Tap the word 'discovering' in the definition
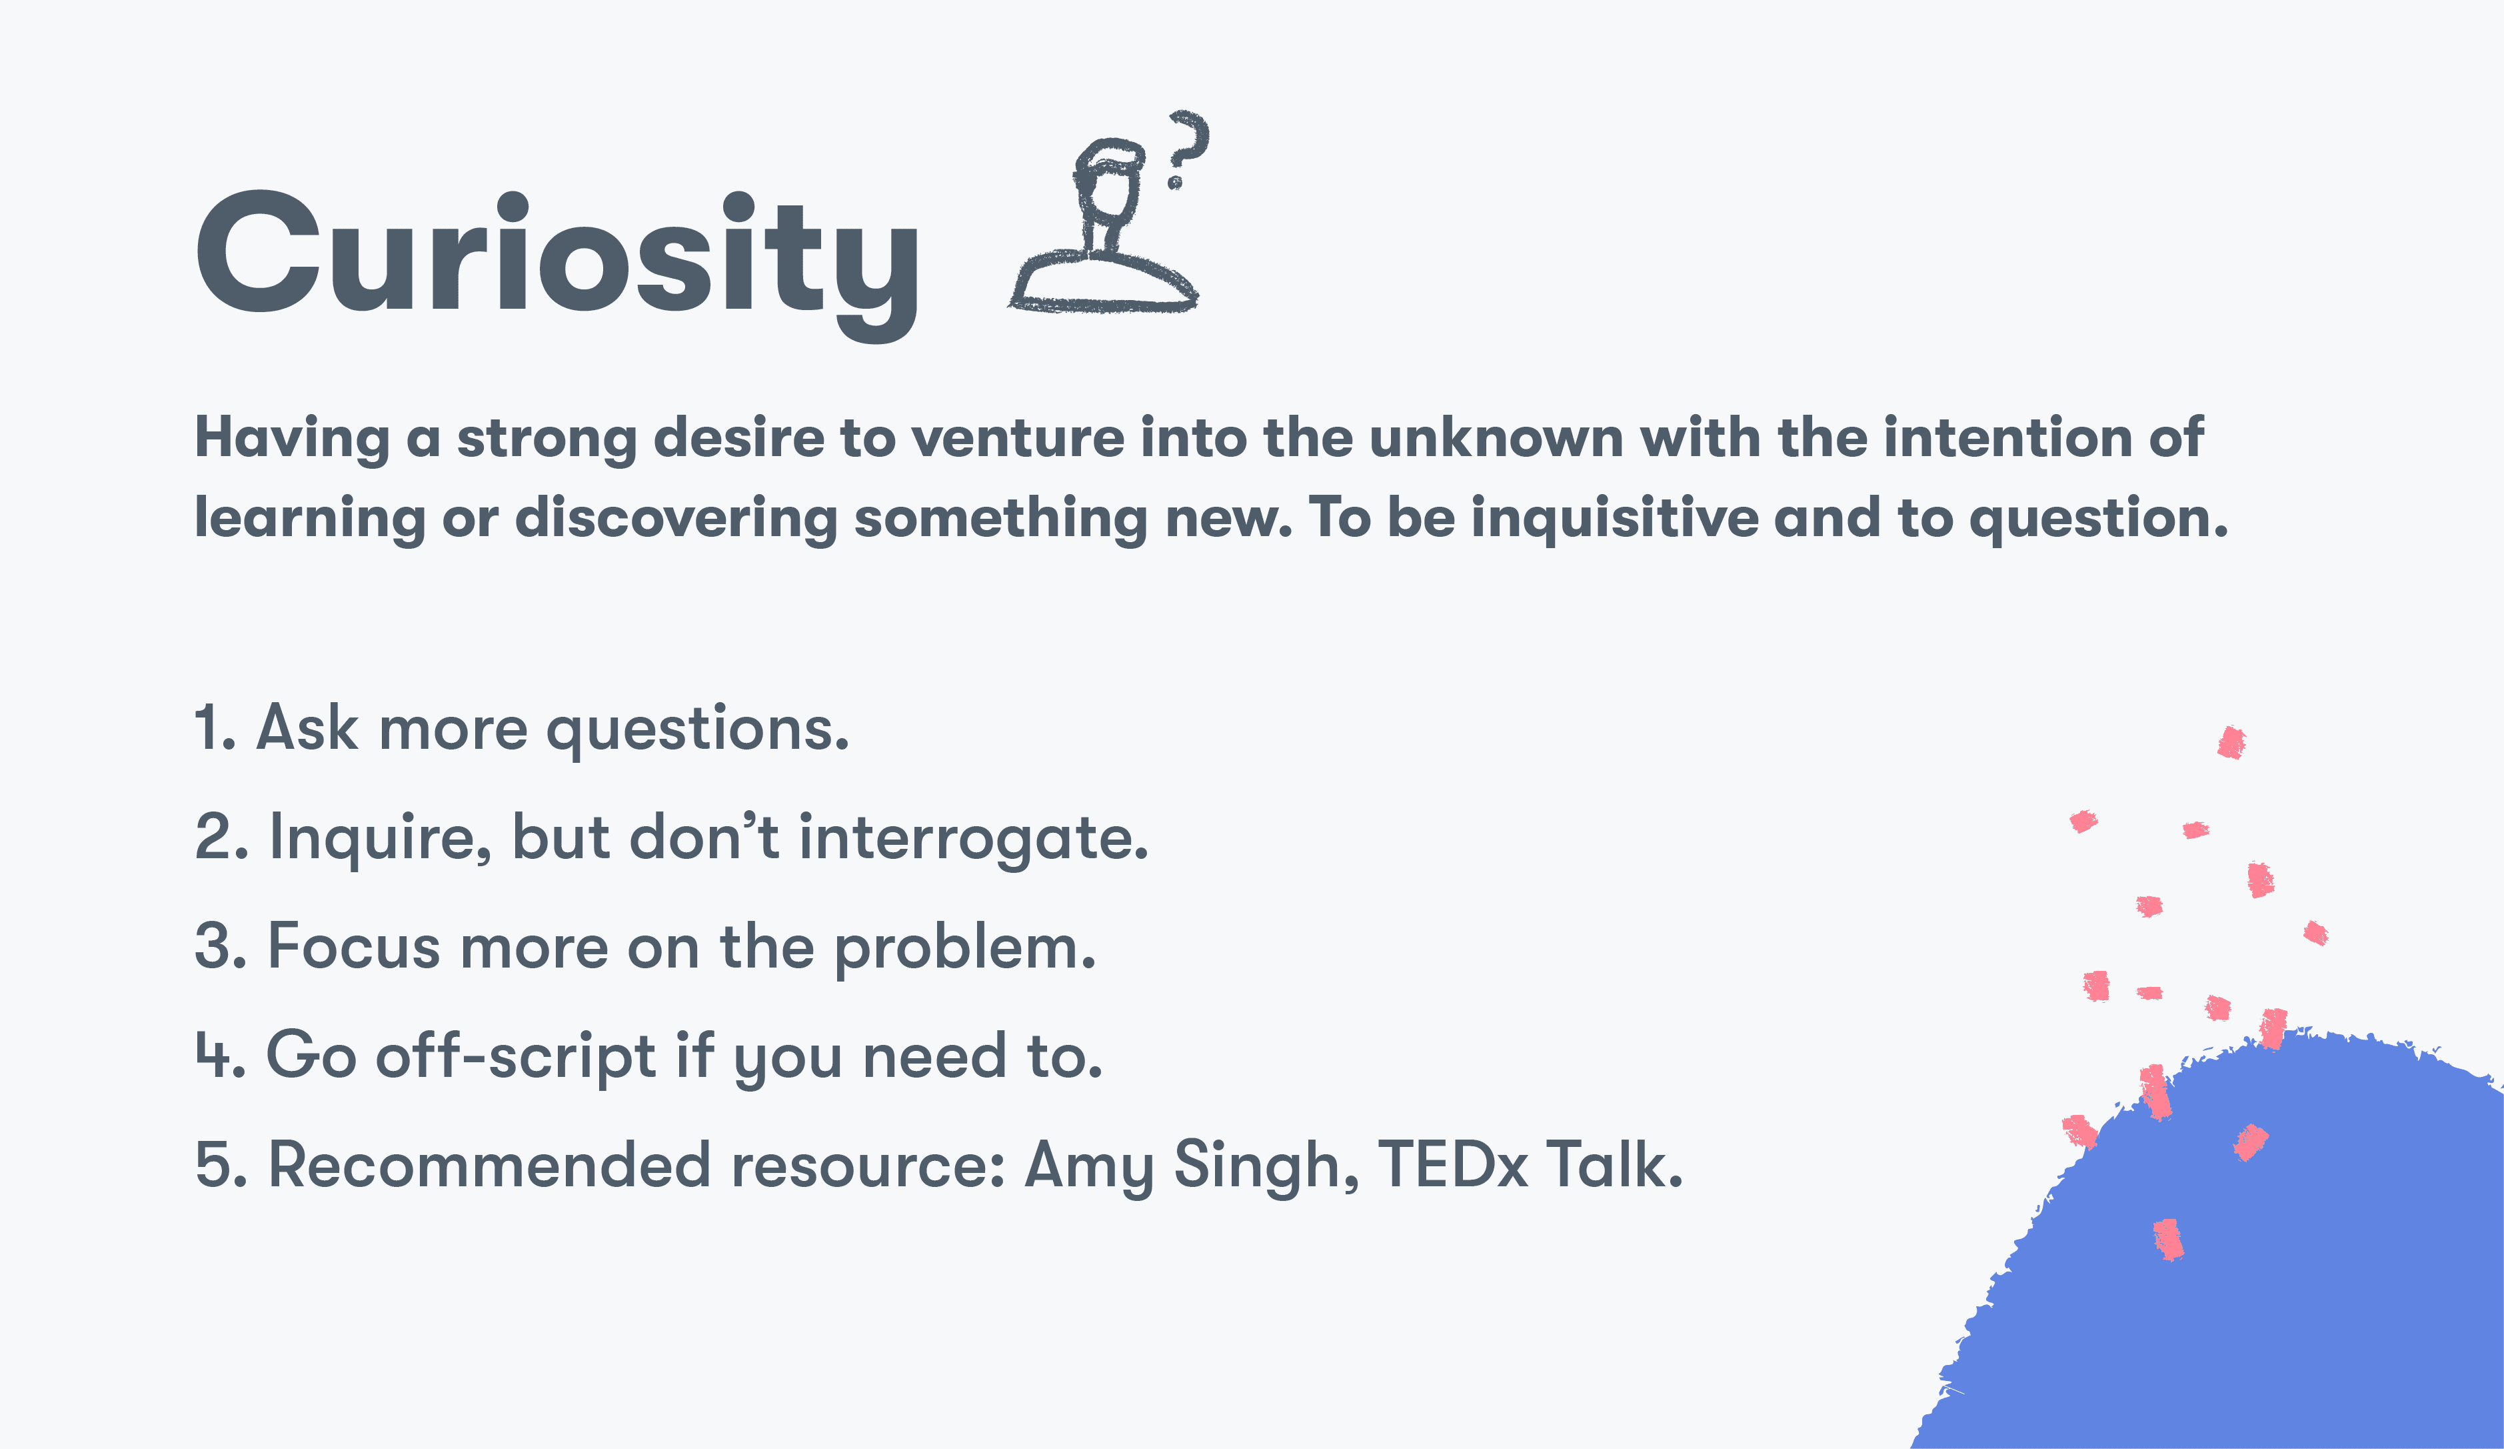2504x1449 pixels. (676, 519)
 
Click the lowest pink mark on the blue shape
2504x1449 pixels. (2168, 1240)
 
